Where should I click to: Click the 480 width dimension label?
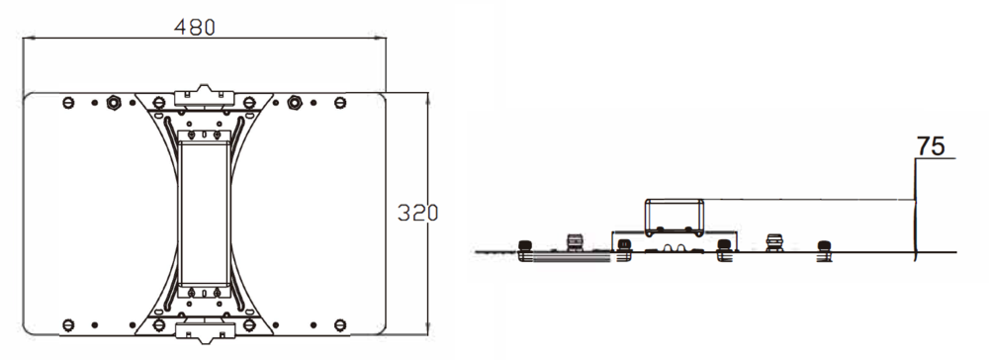click(x=194, y=27)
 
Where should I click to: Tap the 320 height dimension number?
click(x=417, y=213)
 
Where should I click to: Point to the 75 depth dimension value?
click(x=931, y=146)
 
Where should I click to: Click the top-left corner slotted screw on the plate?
click(x=69, y=102)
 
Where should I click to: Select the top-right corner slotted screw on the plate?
click(x=340, y=102)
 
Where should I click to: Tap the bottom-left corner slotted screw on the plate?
click(x=69, y=324)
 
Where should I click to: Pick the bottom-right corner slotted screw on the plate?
click(x=340, y=324)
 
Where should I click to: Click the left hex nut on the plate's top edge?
click(x=114, y=102)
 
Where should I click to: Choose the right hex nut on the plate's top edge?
click(x=294, y=102)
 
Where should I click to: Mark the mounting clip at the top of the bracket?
click(x=204, y=95)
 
